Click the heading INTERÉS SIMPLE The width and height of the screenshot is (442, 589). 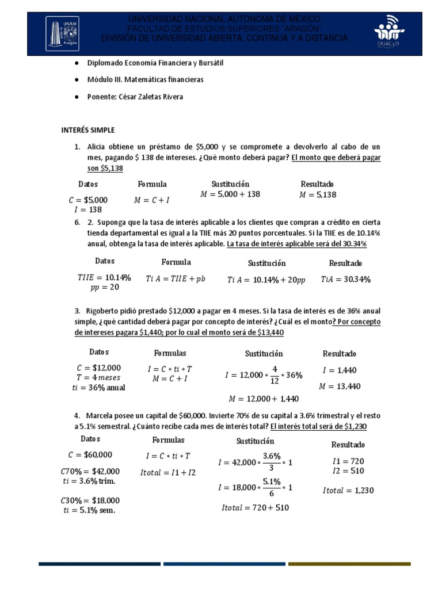(x=88, y=130)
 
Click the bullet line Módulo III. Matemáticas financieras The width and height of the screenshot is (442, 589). (x=145, y=80)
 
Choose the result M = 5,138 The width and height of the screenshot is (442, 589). (x=317, y=195)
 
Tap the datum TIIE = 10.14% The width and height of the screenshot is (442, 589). (x=104, y=277)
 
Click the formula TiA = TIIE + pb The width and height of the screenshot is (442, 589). (x=176, y=278)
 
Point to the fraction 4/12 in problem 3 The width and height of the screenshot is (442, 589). (x=275, y=375)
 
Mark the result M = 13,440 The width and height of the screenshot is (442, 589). (x=341, y=386)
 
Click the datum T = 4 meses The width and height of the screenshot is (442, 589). (x=100, y=377)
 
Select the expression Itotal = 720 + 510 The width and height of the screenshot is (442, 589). (x=255, y=508)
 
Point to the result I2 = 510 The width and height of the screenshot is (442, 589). (x=348, y=471)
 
